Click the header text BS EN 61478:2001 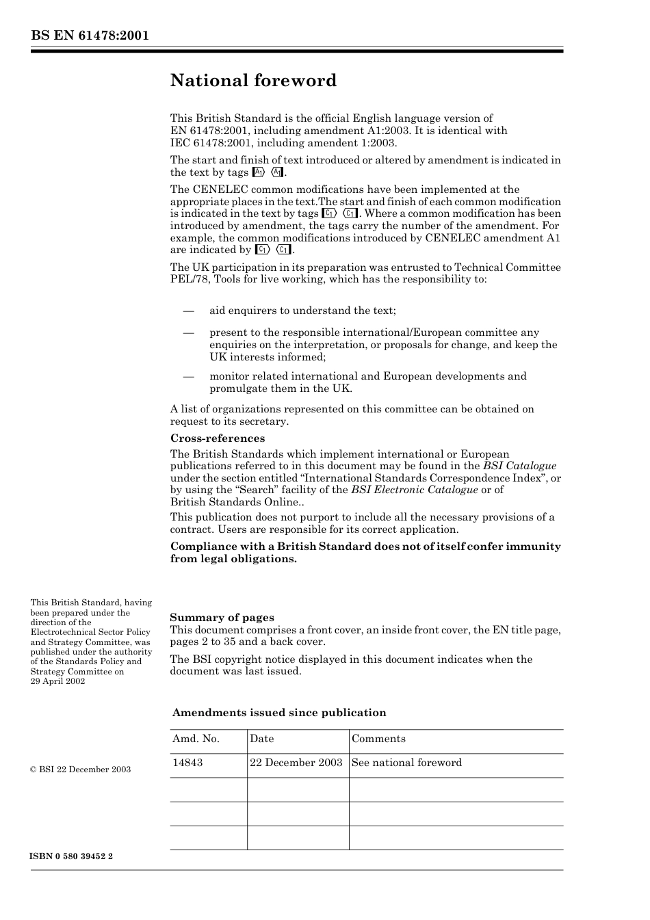tap(90, 36)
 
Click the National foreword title tap(253, 81)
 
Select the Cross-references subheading tap(217, 438)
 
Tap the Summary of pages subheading tap(222, 617)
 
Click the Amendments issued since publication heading tap(278, 713)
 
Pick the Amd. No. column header tap(196, 739)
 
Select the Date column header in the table tap(261, 739)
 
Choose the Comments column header tap(378, 739)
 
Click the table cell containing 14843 tap(187, 763)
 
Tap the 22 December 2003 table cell tap(296, 763)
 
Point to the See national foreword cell tap(406, 763)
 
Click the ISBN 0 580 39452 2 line tap(71, 856)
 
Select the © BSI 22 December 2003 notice tap(80, 770)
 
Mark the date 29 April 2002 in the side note tap(57, 681)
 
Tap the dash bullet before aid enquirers tap(189, 311)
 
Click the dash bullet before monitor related tap(189, 376)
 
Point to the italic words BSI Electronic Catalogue tap(414, 490)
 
